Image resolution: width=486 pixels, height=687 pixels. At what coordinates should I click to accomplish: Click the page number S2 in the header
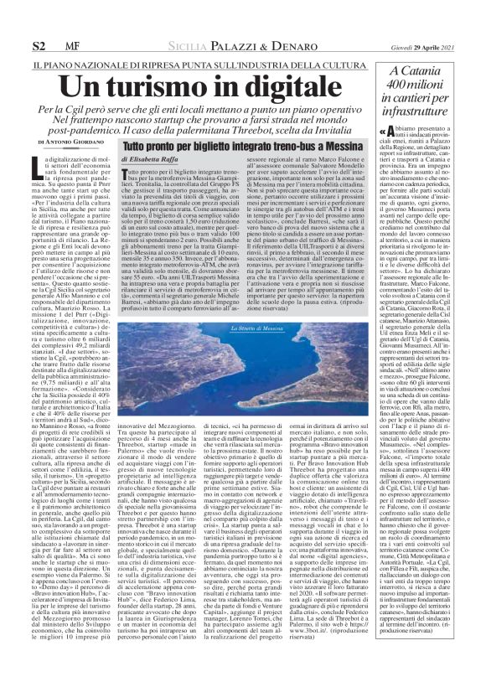[39, 42]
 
